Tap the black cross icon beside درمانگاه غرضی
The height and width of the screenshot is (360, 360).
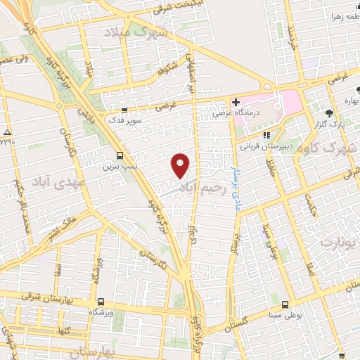tap(236, 102)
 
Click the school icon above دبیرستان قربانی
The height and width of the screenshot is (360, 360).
tap(266, 136)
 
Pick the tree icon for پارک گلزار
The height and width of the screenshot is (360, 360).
tap(328, 112)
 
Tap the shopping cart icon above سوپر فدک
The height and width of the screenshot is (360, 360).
tap(124, 110)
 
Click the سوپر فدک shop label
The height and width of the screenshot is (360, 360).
tap(126, 121)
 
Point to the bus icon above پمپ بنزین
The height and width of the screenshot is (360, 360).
tap(118, 155)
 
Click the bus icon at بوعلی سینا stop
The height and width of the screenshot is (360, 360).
tap(285, 304)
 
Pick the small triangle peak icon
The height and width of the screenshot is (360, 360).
tap(7, 132)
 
